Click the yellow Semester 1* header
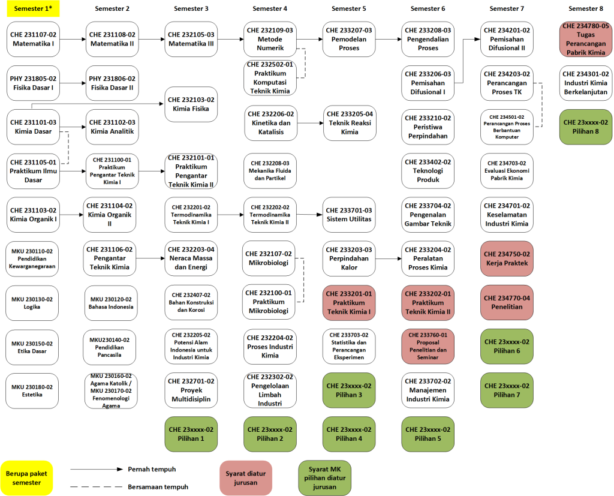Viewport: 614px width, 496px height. pyautogui.click(x=34, y=8)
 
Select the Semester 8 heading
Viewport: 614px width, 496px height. pyautogui.click(x=585, y=8)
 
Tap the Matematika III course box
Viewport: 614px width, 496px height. pyautogui.click(x=191, y=39)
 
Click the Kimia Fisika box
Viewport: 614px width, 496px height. pyautogui.click(x=191, y=104)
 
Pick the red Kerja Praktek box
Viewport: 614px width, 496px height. pyautogui.click(x=507, y=258)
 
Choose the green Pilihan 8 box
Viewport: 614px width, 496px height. pyautogui.click(x=586, y=127)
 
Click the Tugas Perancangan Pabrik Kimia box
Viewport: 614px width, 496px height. pyautogui.click(x=586, y=39)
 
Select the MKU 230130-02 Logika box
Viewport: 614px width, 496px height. pyautogui.click(x=32, y=303)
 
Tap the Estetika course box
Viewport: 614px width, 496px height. pyautogui.click(x=32, y=390)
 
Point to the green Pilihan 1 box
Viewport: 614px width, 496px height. pyautogui.click(x=191, y=434)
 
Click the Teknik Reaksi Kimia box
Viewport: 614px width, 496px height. pyautogui.click(x=350, y=123)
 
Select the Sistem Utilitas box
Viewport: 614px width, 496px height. pyautogui.click(x=349, y=215)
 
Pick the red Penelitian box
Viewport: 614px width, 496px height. pyautogui.click(x=507, y=302)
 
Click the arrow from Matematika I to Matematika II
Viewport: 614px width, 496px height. pyautogui.click(x=73, y=39)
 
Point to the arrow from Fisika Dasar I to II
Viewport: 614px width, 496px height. pyautogui.click(x=73, y=83)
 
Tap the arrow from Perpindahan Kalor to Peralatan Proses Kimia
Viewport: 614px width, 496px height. pyautogui.click(x=389, y=258)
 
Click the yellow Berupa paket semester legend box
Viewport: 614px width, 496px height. pyautogui.click(x=26, y=478)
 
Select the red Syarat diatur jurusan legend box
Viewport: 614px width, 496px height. pyautogui.click(x=246, y=478)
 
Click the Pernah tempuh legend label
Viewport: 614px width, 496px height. pyautogui.click(x=152, y=470)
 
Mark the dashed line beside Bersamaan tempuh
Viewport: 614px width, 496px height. pyautogui.click(x=97, y=487)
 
